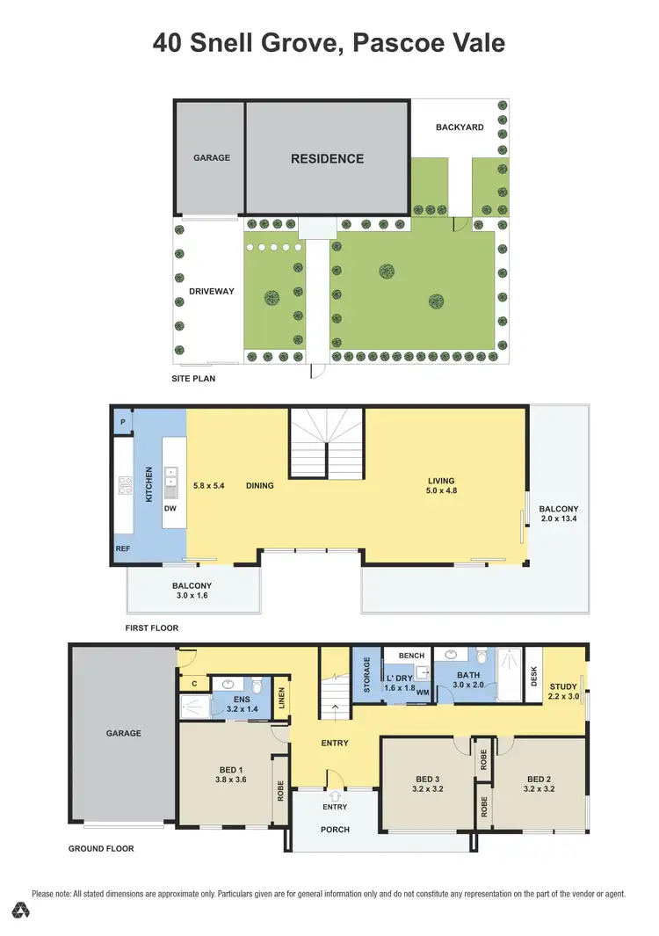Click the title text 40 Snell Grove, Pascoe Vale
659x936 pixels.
click(x=329, y=42)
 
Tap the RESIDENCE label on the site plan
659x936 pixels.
click(x=327, y=159)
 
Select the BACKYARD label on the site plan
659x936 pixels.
click(x=460, y=127)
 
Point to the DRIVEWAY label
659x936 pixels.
click(x=211, y=291)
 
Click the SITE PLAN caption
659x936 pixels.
click(x=193, y=379)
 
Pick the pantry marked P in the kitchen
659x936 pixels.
click(x=122, y=422)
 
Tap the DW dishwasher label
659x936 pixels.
click(x=170, y=508)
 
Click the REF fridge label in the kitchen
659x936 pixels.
click(x=123, y=549)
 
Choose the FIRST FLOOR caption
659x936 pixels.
click(x=151, y=628)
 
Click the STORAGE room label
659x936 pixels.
click(x=367, y=675)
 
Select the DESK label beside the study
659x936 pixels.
click(x=533, y=675)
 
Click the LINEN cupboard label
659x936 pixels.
click(x=281, y=699)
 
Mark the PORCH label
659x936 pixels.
click(x=335, y=829)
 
